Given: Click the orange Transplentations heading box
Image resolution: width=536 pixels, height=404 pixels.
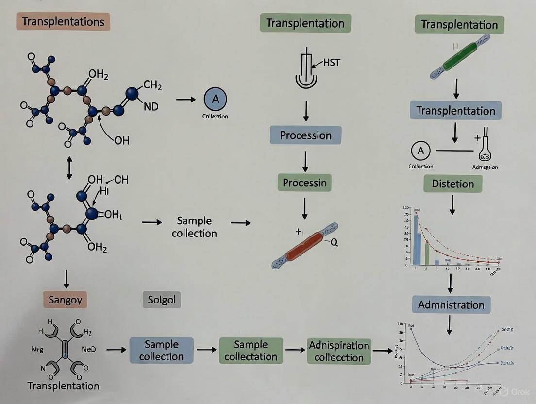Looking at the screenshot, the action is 63,22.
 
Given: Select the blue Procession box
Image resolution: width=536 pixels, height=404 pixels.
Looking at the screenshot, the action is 305,135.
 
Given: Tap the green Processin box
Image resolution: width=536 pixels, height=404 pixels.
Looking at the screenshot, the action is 305,183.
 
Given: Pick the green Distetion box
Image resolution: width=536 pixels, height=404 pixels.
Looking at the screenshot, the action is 452,184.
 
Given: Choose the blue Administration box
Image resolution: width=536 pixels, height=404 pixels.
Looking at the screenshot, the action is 451,305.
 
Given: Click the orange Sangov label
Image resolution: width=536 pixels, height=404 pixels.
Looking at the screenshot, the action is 67,300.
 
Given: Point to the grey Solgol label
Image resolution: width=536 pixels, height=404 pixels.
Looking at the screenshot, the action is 162,300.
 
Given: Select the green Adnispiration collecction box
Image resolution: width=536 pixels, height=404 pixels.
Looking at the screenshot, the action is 339,352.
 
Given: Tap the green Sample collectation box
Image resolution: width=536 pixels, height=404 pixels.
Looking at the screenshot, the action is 251,351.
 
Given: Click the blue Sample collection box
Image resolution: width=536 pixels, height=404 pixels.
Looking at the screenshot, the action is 161,351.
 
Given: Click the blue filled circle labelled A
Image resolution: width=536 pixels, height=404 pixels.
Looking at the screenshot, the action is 215,99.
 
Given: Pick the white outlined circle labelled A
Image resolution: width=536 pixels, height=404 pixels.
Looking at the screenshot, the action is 420,151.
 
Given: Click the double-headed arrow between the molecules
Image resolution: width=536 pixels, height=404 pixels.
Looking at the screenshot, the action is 69,168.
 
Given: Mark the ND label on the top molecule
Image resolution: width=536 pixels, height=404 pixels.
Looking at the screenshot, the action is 151,106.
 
